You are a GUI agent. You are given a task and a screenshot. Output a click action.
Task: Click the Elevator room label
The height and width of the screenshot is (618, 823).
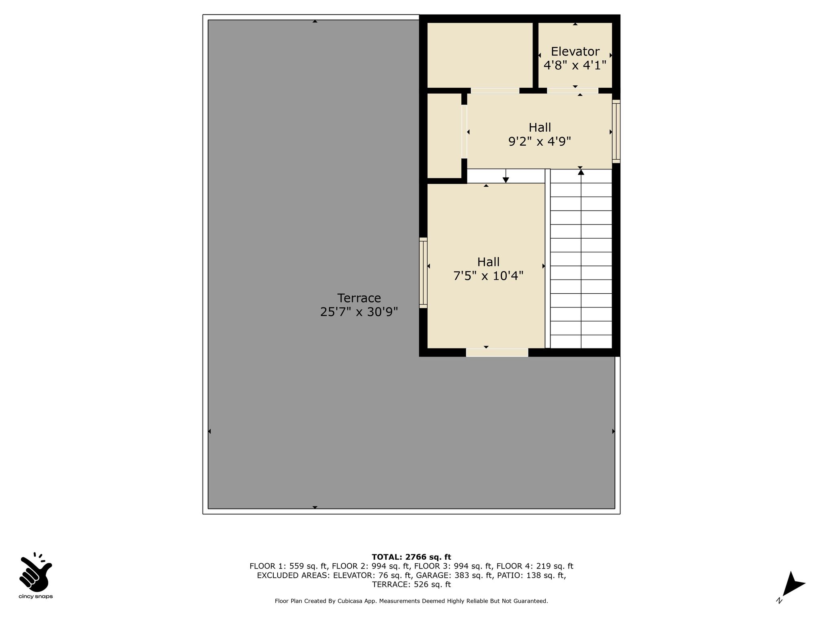tap(575, 51)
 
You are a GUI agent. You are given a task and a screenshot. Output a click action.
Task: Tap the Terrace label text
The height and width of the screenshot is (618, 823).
tap(359, 298)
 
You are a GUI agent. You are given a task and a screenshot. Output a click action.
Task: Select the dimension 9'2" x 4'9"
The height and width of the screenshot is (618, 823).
tap(540, 142)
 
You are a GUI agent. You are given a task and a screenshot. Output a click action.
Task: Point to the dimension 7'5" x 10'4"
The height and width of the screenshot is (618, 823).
tap(488, 276)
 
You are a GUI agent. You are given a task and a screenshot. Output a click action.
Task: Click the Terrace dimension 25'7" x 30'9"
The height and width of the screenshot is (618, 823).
tap(359, 312)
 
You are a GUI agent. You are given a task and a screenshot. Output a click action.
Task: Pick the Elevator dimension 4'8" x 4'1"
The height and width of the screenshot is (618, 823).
tap(575, 65)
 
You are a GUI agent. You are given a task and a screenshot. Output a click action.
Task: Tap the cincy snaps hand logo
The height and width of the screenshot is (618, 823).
tap(35, 571)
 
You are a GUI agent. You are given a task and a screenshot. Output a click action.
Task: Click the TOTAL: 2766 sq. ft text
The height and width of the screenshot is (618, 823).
tap(411, 557)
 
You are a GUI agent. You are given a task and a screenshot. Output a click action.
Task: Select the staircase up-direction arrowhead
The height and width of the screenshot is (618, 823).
tap(581, 172)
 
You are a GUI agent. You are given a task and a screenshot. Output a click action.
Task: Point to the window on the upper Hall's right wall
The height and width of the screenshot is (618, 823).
tap(616, 132)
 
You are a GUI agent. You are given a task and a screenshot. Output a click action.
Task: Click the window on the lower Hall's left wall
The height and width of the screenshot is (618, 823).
tap(423, 273)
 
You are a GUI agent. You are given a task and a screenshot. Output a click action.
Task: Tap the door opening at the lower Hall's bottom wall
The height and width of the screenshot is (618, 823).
tap(497, 352)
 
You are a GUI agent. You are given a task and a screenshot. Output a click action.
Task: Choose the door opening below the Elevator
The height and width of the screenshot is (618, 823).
tap(572, 91)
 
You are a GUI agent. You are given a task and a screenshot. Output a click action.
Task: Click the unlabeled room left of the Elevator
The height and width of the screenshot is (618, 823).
tap(480, 55)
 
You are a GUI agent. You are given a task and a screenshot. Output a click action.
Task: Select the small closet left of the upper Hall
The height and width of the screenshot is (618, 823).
tap(444, 136)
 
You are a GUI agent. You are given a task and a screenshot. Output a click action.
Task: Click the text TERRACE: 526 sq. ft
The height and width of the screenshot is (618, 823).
tap(411, 585)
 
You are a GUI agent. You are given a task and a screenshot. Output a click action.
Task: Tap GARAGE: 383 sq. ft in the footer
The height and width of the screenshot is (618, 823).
tap(454, 575)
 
